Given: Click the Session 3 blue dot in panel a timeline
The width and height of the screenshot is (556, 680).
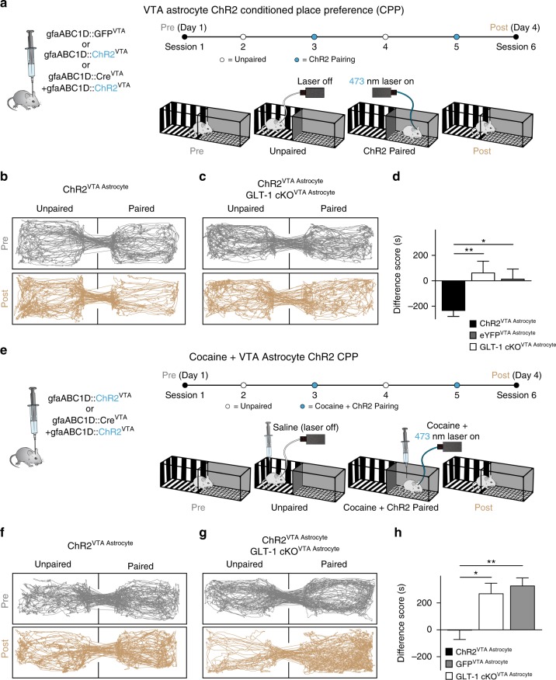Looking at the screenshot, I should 314,37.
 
